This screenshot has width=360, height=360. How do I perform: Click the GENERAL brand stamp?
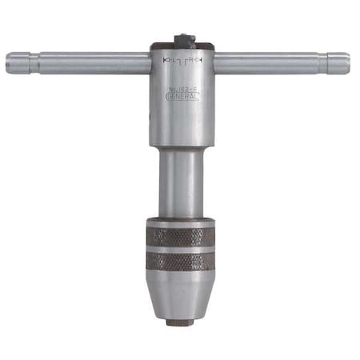(182, 96)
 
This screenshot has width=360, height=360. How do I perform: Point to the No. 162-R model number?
(183, 88)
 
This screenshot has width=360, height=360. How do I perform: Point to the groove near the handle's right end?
(324, 62)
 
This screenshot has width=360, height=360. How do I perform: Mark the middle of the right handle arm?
(268, 62)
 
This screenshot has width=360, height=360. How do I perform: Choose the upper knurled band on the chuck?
(181, 237)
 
